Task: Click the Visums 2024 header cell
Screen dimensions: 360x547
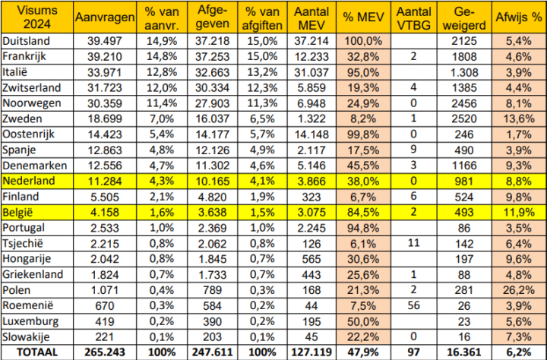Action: (36, 16)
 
